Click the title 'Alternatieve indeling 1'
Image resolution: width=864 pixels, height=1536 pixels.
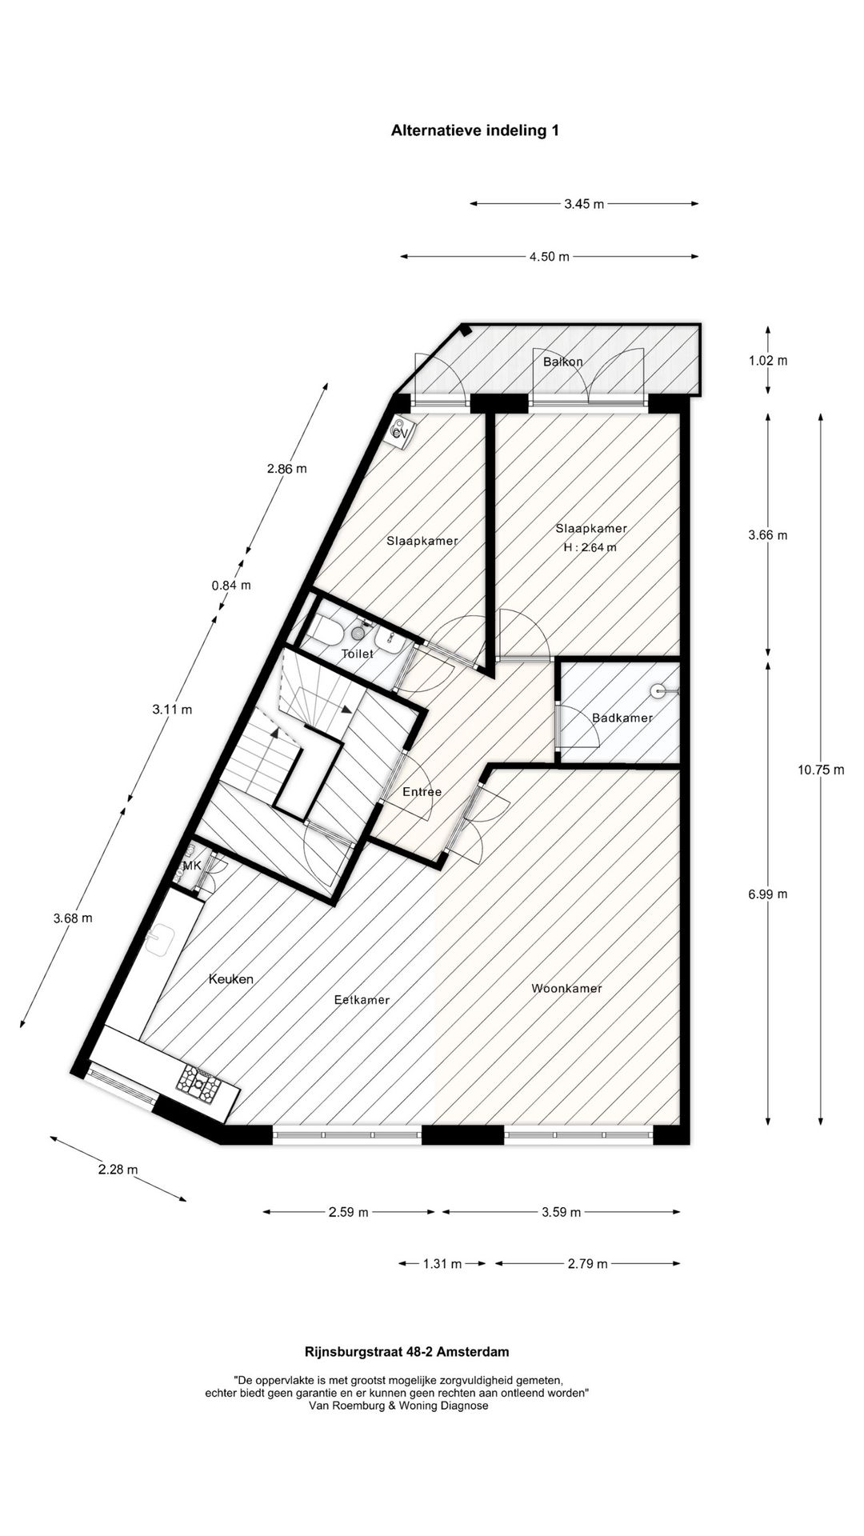474,130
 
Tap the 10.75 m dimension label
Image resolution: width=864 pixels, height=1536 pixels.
820,770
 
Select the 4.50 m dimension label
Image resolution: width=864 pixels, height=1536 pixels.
549,257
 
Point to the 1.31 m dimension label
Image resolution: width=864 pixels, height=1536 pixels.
442,1264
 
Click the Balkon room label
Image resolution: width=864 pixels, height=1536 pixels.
562,362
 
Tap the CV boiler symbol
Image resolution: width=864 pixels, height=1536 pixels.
399,432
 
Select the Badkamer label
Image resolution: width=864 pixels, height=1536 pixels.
622,718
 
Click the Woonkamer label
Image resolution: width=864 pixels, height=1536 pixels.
566,989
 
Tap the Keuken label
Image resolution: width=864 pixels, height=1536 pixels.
231,979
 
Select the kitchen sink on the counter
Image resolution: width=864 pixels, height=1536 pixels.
161,939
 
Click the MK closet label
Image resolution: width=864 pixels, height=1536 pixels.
192,866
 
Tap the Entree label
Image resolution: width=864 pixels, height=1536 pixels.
422,792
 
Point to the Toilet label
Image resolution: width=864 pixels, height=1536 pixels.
357,654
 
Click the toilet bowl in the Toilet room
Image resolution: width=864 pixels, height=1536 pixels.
327,633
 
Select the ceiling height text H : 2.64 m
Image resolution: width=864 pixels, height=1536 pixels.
590,548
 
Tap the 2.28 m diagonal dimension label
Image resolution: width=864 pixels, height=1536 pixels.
118,1170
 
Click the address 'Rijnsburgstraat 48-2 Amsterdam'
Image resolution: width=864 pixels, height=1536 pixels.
406,1352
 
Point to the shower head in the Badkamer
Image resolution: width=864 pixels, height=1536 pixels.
658,689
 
